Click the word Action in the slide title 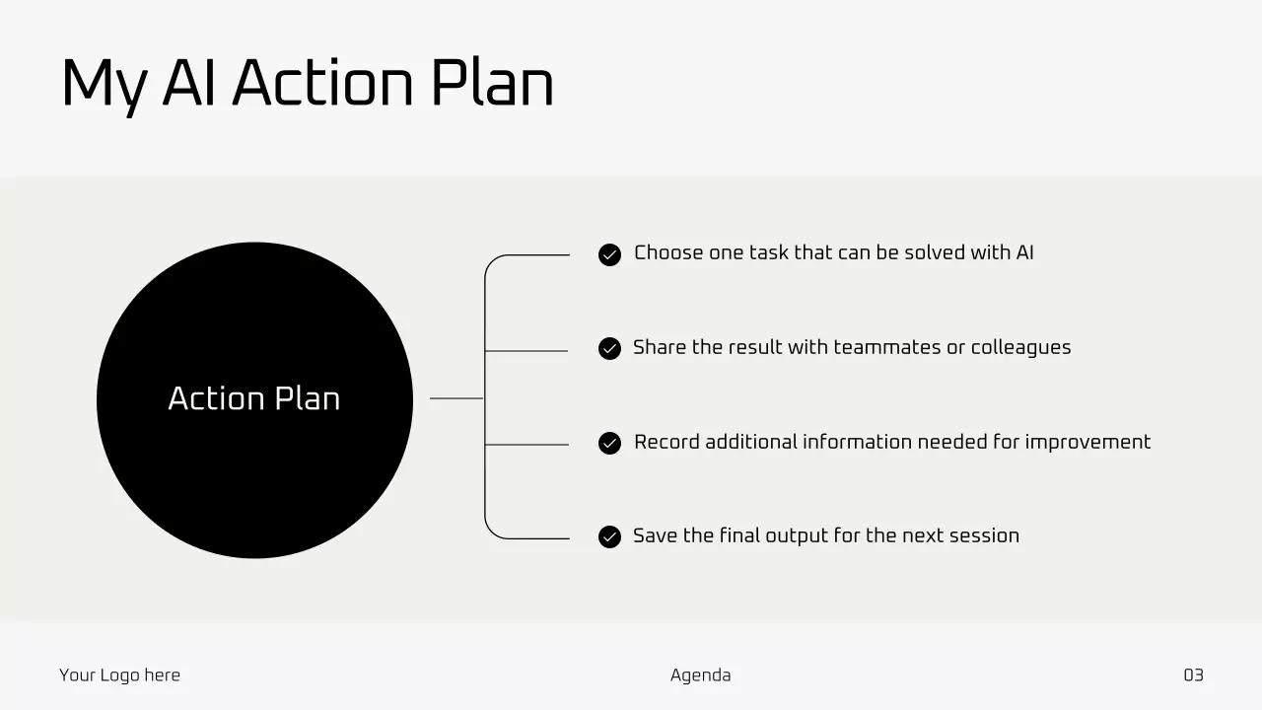pos(322,83)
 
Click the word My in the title pos(105,87)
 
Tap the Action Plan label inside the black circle pos(254,398)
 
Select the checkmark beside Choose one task pos(609,254)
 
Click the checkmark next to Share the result pos(609,348)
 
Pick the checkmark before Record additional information pos(609,443)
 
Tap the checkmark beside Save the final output pos(609,536)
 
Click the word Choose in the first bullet pos(668,252)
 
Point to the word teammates pos(887,347)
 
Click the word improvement pos(1087,443)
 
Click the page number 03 pos(1193,675)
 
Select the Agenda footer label pos(700,675)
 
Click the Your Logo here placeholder pos(119,675)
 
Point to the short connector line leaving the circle pos(456,398)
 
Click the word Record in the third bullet pos(666,442)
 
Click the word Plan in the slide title pos(492,83)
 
